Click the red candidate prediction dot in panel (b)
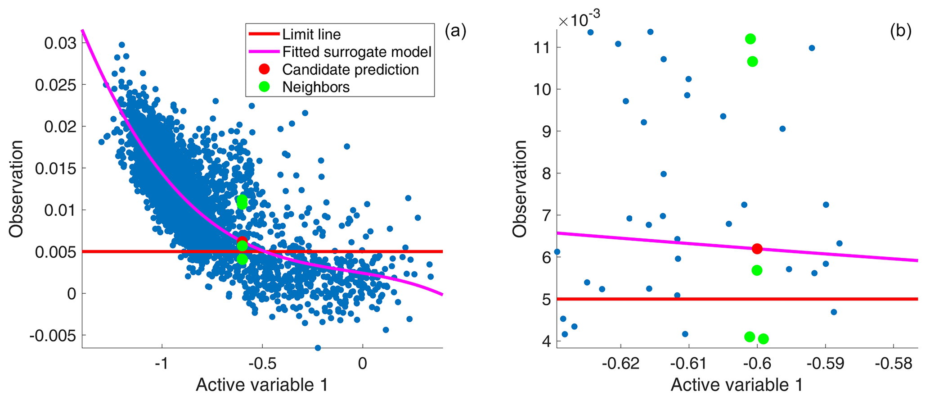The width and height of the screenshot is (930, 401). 757,248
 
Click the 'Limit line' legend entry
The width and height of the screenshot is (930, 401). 311,34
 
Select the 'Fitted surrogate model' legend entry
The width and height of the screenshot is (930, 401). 357,52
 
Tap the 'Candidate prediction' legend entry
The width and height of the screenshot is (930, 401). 350,69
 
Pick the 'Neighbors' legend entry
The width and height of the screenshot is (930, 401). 316,87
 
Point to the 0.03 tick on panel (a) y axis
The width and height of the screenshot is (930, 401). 60,43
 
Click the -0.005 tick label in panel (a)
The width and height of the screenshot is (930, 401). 53,336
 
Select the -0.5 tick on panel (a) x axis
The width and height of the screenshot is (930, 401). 262,363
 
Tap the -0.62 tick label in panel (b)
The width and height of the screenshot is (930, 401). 620,363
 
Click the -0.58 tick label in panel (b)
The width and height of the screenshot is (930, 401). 893,363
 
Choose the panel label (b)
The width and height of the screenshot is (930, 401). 900,31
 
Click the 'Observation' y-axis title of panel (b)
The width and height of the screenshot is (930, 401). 520,189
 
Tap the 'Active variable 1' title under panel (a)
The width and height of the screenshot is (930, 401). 262,385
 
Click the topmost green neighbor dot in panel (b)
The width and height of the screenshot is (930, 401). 750,39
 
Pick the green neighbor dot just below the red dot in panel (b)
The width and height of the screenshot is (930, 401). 757,270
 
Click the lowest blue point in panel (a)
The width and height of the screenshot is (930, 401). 318,348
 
